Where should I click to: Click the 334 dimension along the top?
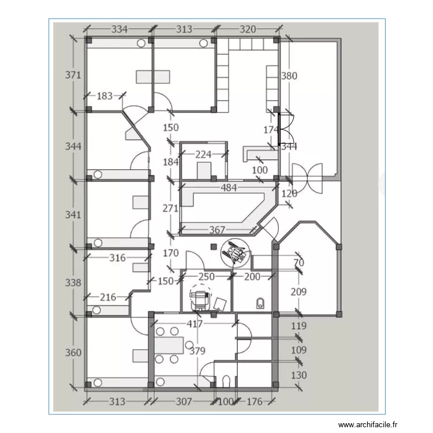pyautogui.click(x=120, y=29)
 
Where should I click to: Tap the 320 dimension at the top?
pyautogui.click(x=248, y=29)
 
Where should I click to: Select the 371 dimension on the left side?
pyautogui.click(x=73, y=75)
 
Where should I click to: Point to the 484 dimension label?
pyautogui.click(x=229, y=188)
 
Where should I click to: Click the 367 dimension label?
pyautogui.click(x=217, y=230)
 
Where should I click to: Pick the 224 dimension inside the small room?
pyautogui.click(x=204, y=154)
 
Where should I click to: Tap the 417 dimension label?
pyautogui.click(x=195, y=324)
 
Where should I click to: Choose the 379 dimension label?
pyautogui.click(x=197, y=351)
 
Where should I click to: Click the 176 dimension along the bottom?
pyautogui.click(x=255, y=401)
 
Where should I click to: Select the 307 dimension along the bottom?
pyautogui.click(x=184, y=401)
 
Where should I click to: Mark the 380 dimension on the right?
pyautogui.click(x=289, y=76)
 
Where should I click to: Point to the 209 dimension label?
pyautogui.click(x=298, y=292)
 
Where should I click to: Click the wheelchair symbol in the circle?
pyautogui.click(x=235, y=253)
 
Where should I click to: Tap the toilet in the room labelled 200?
pyautogui.click(x=260, y=303)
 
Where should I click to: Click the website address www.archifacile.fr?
pyautogui.click(x=368, y=424)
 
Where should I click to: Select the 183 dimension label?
pyautogui.click(x=104, y=96)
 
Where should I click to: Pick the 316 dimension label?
pyautogui.click(x=118, y=257)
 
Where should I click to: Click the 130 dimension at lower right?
pyautogui.click(x=299, y=375)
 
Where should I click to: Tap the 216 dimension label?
pyautogui.click(x=108, y=297)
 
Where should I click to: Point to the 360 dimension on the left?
pyautogui.click(x=73, y=353)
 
